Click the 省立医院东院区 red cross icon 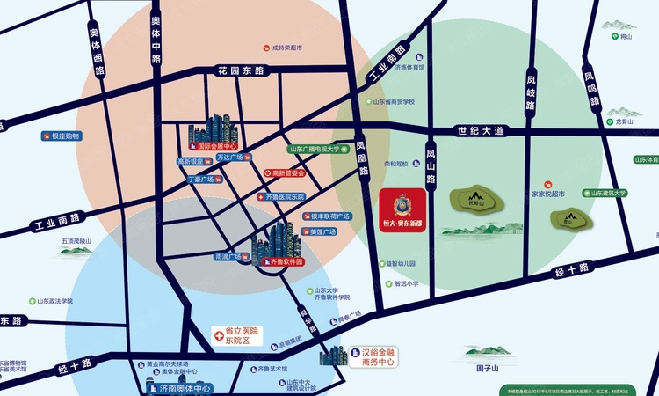click(219, 335)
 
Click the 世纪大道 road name click(482, 130)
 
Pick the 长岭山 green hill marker click(475, 199)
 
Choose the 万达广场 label click(232, 158)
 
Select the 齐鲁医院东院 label click(285, 197)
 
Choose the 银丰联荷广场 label click(329, 216)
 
